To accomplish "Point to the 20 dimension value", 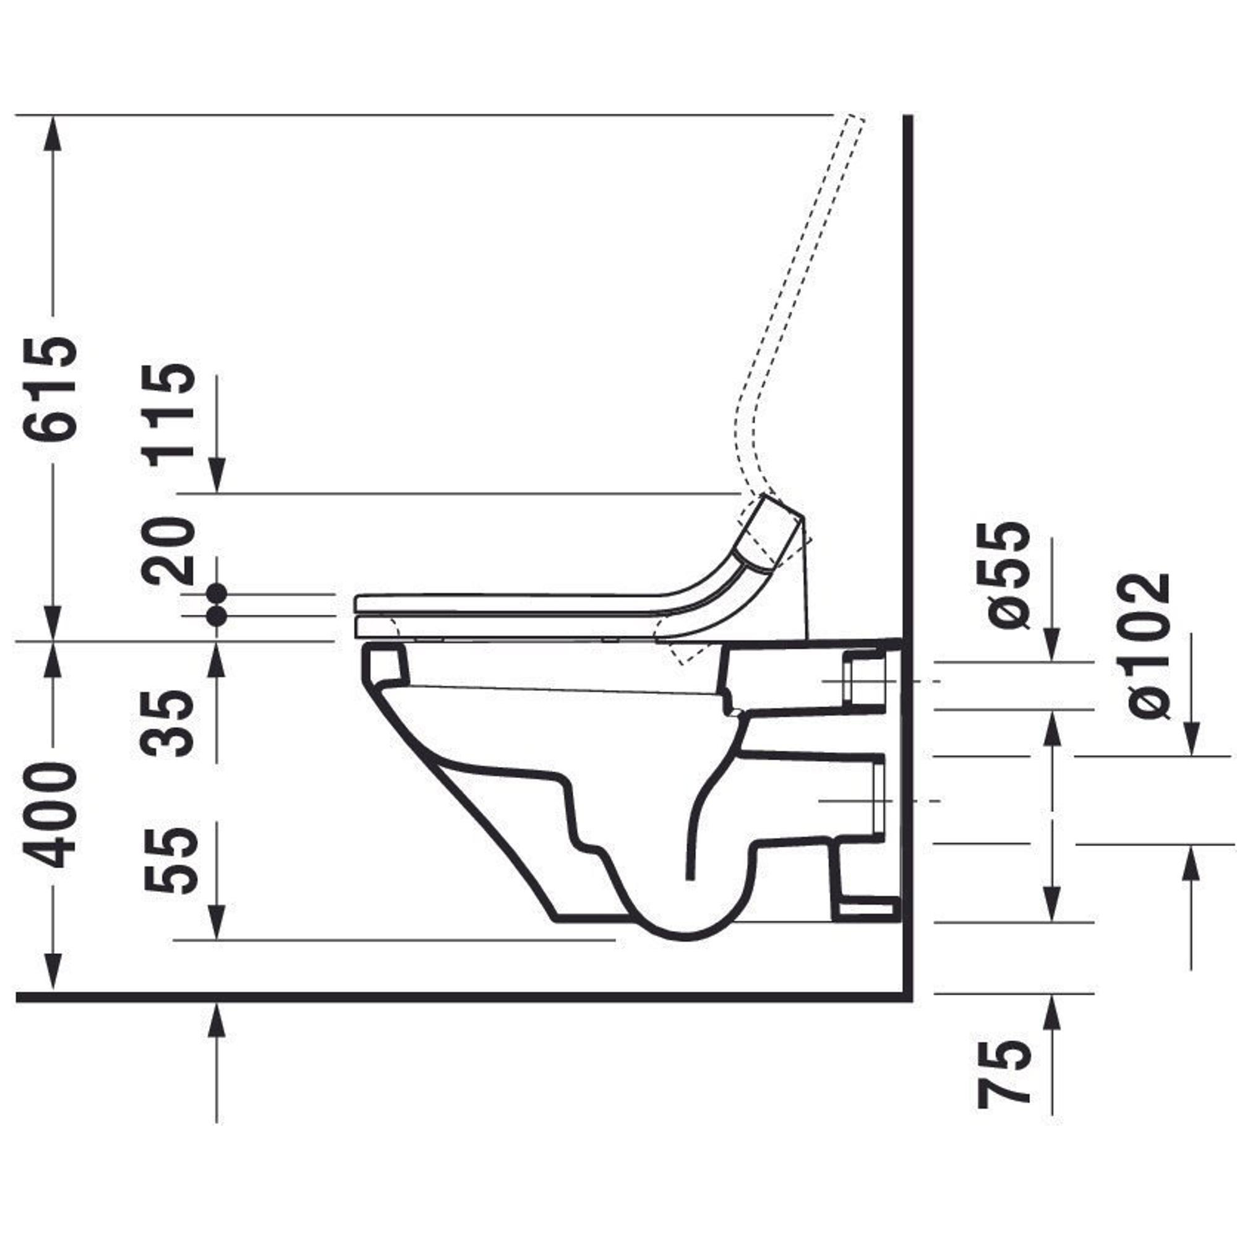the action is click(169, 550).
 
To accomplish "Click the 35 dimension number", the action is click(169, 723).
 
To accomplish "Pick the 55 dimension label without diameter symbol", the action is click(169, 860).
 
